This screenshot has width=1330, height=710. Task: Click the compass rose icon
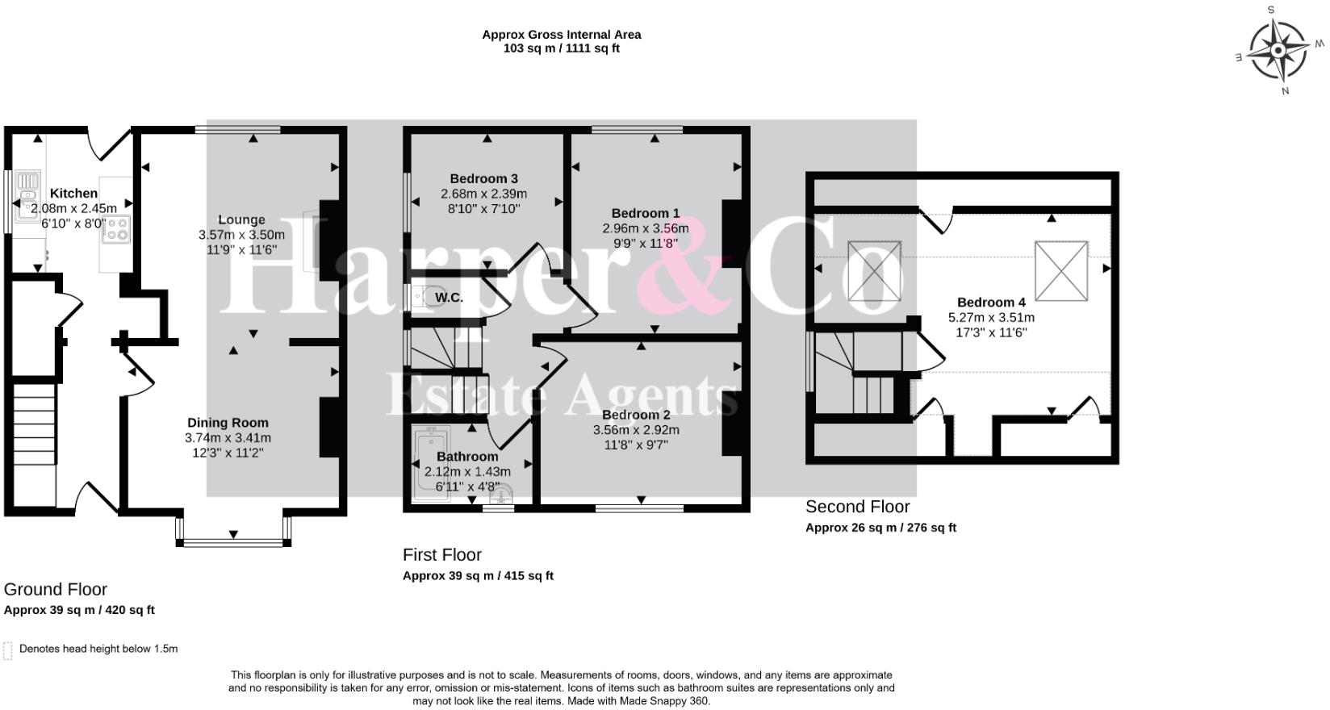(x=1278, y=51)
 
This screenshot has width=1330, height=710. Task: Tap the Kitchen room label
(x=73, y=194)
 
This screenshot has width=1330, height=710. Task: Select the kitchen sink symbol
(x=28, y=195)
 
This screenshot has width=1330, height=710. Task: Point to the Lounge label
(x=241, y=219)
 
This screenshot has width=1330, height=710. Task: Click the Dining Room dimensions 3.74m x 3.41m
(x=228, y=437)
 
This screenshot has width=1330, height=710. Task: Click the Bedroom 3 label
(x=483, y=178)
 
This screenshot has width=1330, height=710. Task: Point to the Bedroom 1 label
(x=645, y=213)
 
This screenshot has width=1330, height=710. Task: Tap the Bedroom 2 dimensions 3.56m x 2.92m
(x=636, y=430)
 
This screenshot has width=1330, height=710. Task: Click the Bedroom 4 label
(x=991, y=303)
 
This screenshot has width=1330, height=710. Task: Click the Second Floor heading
(x=857, y=507)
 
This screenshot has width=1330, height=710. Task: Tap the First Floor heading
(x=441, y=555)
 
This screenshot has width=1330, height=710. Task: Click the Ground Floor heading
(x=55, y=590)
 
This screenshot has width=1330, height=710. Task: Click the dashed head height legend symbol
(x=8, y=650)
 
